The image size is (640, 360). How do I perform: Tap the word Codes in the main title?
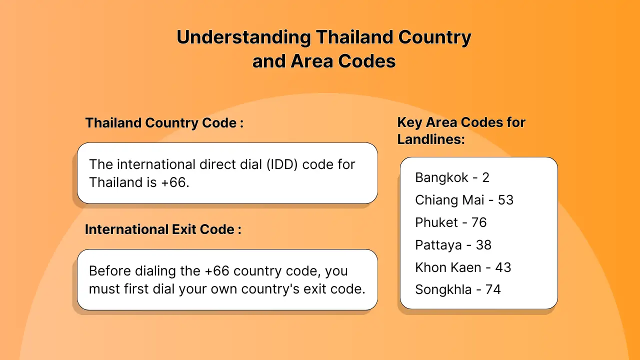(367, 61)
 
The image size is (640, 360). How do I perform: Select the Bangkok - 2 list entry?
(452, 177)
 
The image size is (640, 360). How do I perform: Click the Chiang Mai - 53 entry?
(464, 199)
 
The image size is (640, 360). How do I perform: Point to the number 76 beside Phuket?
(479, 222)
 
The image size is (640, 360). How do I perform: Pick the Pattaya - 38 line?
(453, 245)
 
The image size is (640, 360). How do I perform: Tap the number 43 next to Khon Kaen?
(503, 267)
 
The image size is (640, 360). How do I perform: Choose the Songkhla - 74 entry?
(458, 289)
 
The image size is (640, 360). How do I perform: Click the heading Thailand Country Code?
(164, 123)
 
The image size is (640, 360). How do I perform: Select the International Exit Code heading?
(163, 229)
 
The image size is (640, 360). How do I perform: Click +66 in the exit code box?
(217, 271)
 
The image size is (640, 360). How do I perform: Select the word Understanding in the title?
(243, 37)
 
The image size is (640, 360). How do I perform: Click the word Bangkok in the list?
(441, 177)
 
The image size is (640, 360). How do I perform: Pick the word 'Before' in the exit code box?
(110, 271)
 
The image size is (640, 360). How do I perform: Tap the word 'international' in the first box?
(156, 164)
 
